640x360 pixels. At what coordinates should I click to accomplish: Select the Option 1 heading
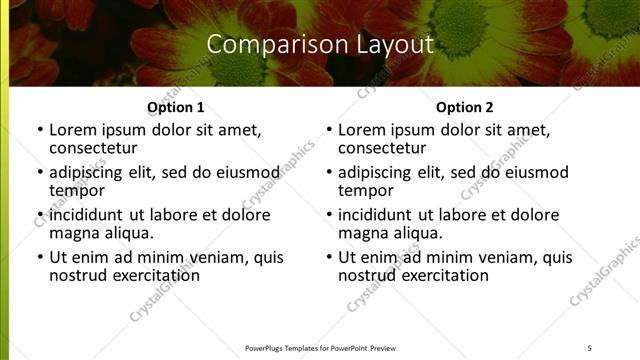(176, 107)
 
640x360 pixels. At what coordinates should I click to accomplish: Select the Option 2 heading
(465, 107)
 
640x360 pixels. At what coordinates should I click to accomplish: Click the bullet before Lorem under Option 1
(39, 130)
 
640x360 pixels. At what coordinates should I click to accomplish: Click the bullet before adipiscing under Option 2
(328, 172)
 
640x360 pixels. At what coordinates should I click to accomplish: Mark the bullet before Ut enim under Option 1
(39, 258)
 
